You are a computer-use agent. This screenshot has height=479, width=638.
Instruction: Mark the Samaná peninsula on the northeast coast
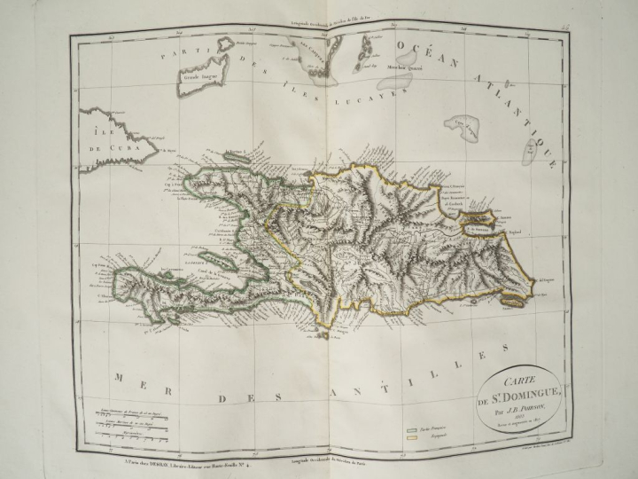(x=482, y=215)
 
